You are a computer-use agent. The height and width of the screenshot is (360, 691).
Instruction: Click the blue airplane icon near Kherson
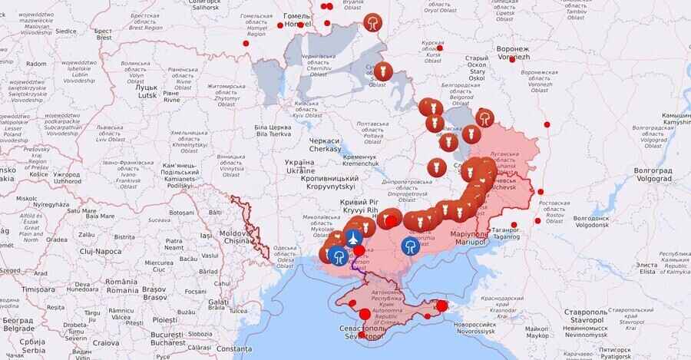point(353,238)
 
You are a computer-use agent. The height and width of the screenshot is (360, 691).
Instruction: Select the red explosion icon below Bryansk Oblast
point(373,23)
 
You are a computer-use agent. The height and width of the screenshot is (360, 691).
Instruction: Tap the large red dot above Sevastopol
point(365,314)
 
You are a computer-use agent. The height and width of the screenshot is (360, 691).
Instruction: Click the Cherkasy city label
point(324,145)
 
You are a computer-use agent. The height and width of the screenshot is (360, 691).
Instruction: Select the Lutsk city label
point(146,91)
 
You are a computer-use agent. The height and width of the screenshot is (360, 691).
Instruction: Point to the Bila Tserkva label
point(273,130)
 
